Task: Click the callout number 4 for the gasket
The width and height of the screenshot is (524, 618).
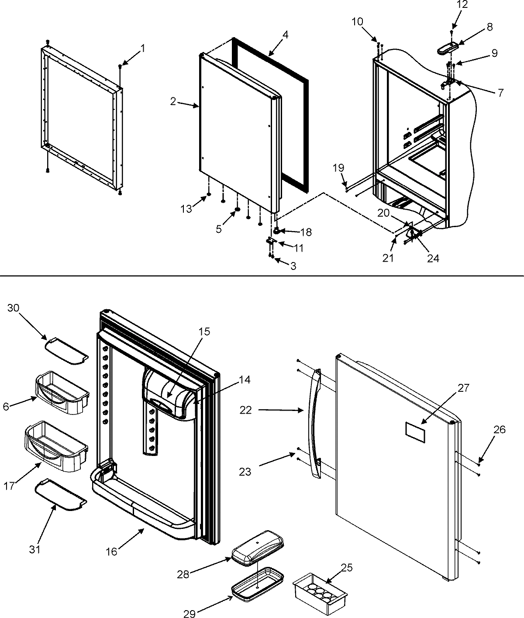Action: click(x=285, y=33)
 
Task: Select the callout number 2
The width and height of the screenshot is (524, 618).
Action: click(x=173, y=102)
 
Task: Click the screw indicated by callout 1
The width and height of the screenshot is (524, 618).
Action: click(x=120, y=66)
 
